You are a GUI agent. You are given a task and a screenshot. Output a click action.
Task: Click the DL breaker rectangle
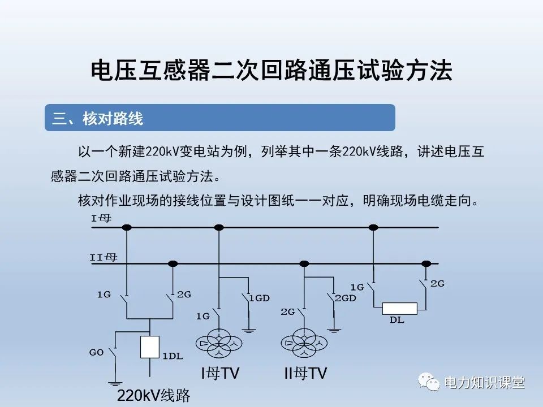tap(399, 308)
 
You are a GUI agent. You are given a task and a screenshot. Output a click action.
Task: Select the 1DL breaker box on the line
tap(149, 347)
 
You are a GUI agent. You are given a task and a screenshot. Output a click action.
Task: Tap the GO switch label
tap(96, 352)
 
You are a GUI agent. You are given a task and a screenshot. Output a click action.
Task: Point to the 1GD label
tap(259, 298)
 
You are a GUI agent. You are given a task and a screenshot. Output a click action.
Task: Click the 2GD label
tap(345, 298)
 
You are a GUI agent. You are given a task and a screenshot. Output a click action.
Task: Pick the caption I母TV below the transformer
tap(220, 373)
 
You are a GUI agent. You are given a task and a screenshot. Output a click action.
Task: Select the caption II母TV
tap(305, 373)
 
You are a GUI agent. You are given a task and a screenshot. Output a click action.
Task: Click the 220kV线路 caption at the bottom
tap(153, 395)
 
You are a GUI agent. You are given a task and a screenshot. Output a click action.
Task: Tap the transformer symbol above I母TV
tap(219, 344)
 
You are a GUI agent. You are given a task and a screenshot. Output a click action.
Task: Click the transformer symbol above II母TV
tap(304, 344)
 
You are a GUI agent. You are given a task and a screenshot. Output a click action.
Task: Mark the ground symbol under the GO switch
tap(115, 383)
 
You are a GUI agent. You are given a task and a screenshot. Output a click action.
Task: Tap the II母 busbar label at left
tap(104, 257)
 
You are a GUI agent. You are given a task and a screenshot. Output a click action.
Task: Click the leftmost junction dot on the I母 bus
tap(127, 227)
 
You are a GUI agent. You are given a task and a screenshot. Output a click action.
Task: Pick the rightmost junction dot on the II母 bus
tap(426, 263)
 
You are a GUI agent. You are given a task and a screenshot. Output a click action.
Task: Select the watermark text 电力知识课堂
tap(485, 383)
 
